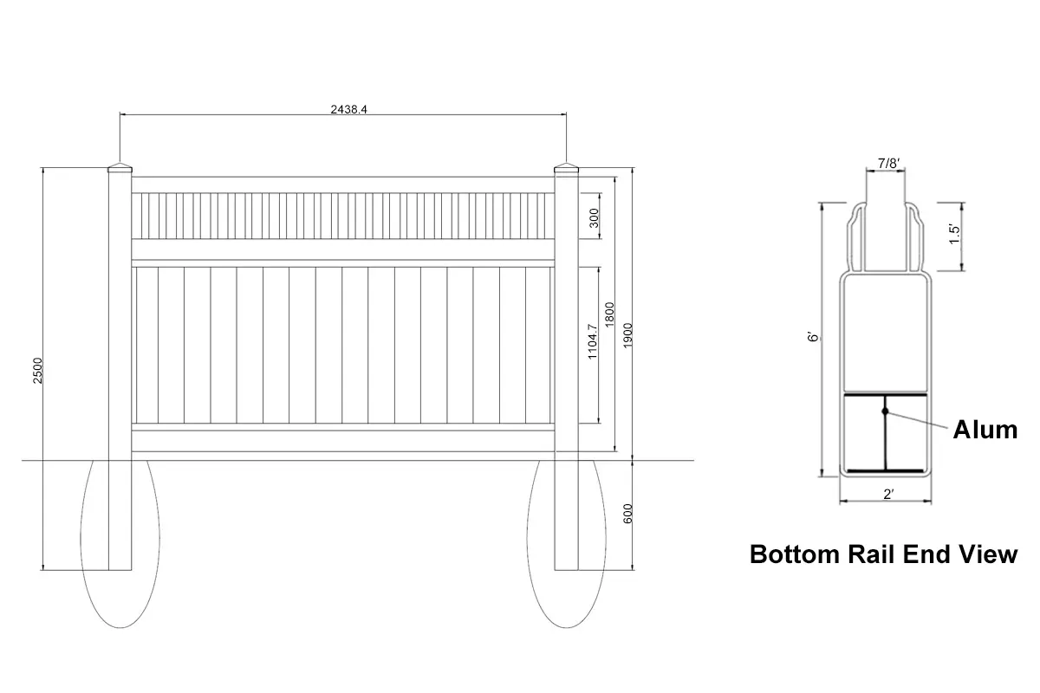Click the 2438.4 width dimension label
click(344, 109)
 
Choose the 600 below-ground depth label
click(628, 513)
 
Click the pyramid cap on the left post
click(120, 167)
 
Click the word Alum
click(985, 429)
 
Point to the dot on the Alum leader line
click(885, 410)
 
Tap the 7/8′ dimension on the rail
click(888, 163)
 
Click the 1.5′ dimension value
click(954, 234)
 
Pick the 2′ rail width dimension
click(888, 495)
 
